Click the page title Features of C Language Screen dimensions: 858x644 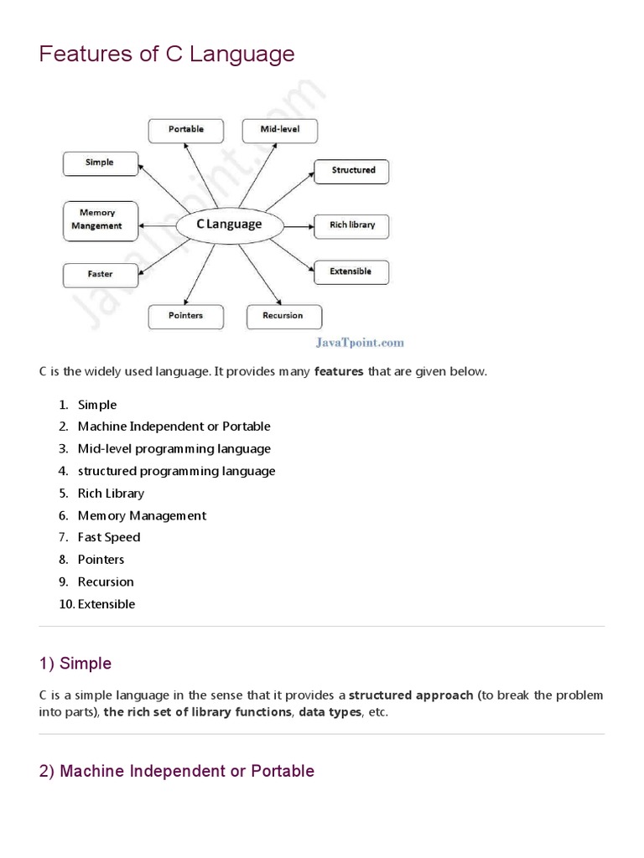[x=167, y=54]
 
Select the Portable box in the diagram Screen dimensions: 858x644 [x=186, y=130]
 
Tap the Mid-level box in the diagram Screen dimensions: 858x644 [x=281, y=130]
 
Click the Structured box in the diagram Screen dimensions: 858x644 [x=352, y=170]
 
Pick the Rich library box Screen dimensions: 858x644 [x=352, y=225]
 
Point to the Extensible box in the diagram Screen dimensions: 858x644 [x=351, y=272]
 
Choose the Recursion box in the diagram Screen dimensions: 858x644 [x=283, y=316]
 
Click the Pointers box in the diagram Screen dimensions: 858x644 [x=186, y=316]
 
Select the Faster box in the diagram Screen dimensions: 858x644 [x=100, y=274]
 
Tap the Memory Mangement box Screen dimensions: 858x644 [x=98, y=220]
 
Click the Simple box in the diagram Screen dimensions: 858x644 [x=100, y=163]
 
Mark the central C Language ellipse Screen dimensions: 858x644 [x=229, y=225]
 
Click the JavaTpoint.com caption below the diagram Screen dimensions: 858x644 [x=360, y=342]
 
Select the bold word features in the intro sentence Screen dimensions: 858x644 [x=339, y=371]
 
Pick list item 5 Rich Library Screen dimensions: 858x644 [x=111, y=494]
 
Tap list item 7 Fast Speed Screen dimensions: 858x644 [x=109, y=537]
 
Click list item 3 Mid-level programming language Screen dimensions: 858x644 [x=174, y=449]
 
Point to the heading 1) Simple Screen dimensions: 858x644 [x=75, y=664]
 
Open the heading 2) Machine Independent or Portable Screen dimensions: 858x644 [x=177, y=771]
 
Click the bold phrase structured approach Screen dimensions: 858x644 [x=411, y=695]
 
